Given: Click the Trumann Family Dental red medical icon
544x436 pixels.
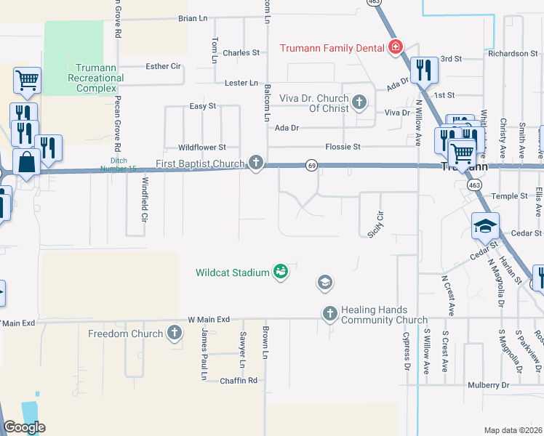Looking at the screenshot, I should tap(395, 48).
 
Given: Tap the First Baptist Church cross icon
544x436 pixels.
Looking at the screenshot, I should tap(255, 163).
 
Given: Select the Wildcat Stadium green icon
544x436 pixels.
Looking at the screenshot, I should tap(280, 272).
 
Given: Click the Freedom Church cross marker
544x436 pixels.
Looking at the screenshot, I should tap(174, 334).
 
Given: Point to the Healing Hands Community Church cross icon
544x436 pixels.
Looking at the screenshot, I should tap(329, 313).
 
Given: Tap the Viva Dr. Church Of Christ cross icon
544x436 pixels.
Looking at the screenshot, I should tap(359, 102).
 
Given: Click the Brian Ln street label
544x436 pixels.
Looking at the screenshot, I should tap(193, 18).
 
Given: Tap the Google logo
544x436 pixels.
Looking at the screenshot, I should tap(23, 427).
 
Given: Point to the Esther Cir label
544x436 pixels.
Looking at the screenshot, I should tap(163, 66).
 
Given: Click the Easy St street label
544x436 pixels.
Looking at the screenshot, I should tap(203, 106).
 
